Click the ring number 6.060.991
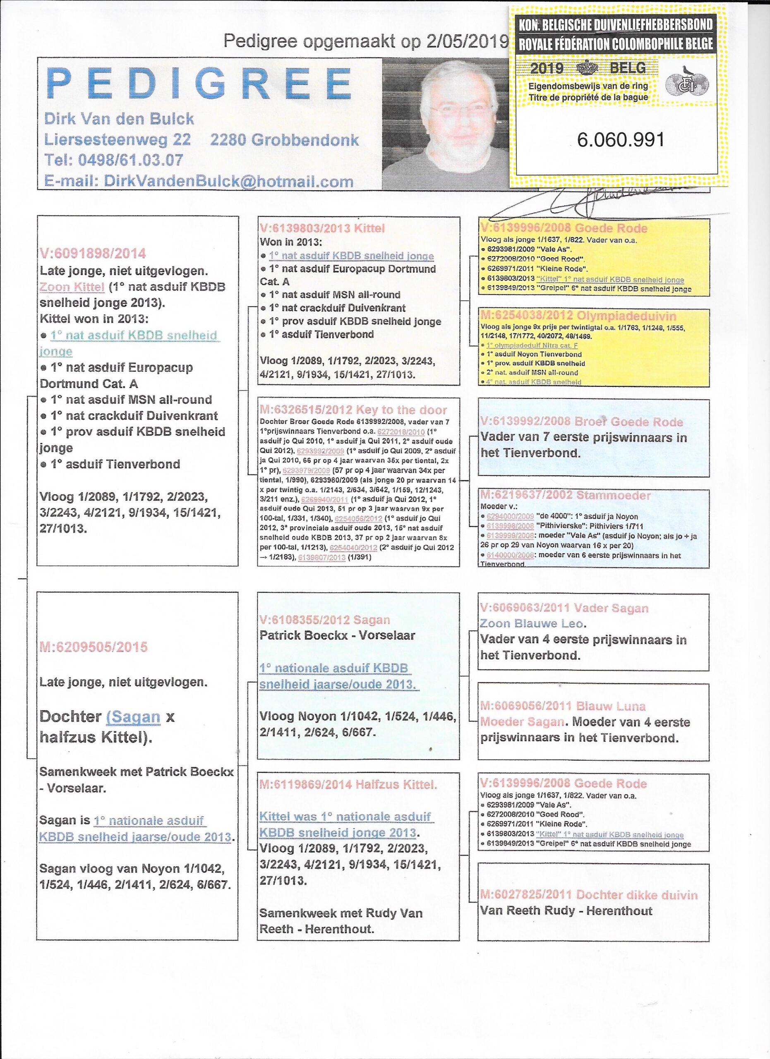[x=620, y=139]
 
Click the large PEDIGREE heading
[x=199, y=84]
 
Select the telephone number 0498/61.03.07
[x=130, y=160]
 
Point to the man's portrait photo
[x=444, y=124]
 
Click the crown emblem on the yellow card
[x=590, y=69]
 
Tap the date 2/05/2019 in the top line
[x=466, y=41]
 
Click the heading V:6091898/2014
[x=93, y=254]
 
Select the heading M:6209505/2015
[x=94, y=647]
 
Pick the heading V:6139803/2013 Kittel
[x=322, y=228]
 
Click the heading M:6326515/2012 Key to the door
[x=353, y=410]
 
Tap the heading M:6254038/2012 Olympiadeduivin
[x=578, y=316]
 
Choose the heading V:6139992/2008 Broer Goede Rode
[x=581, y=421]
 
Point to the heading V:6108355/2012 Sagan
[x=324, y=620]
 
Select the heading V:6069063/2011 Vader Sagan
[x=564, y=608]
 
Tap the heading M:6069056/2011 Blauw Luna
[x=563, y=706]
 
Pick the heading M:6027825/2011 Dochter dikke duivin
[x=589, y=895]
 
